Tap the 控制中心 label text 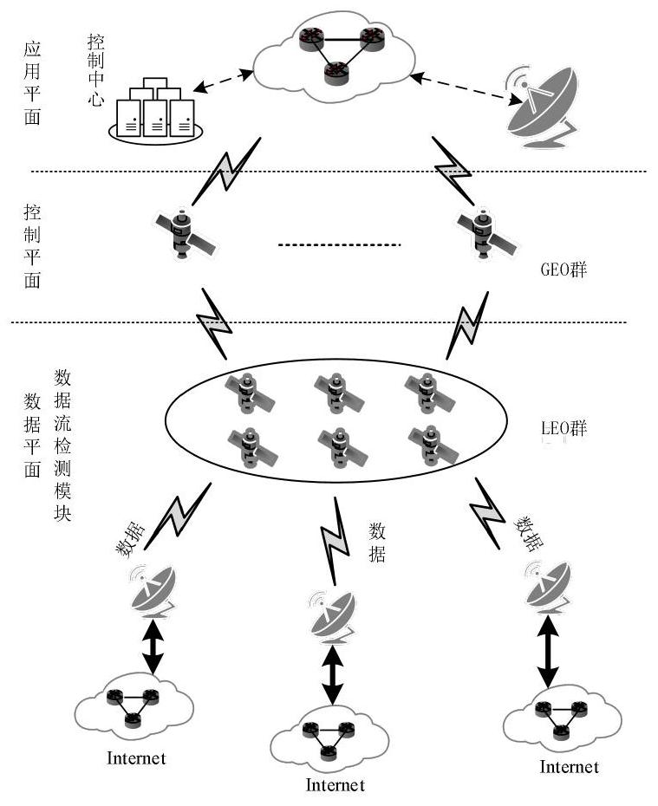(x=95, y=70)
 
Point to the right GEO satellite (x=481, y=232)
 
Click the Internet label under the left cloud (x=136, y=758)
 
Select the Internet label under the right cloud (x=569, y=767)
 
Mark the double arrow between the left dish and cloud (x=153, y=646)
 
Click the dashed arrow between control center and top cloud (x=224, y=81)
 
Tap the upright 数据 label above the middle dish (x=377, y=543)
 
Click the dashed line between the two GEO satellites (x=340, y=247)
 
